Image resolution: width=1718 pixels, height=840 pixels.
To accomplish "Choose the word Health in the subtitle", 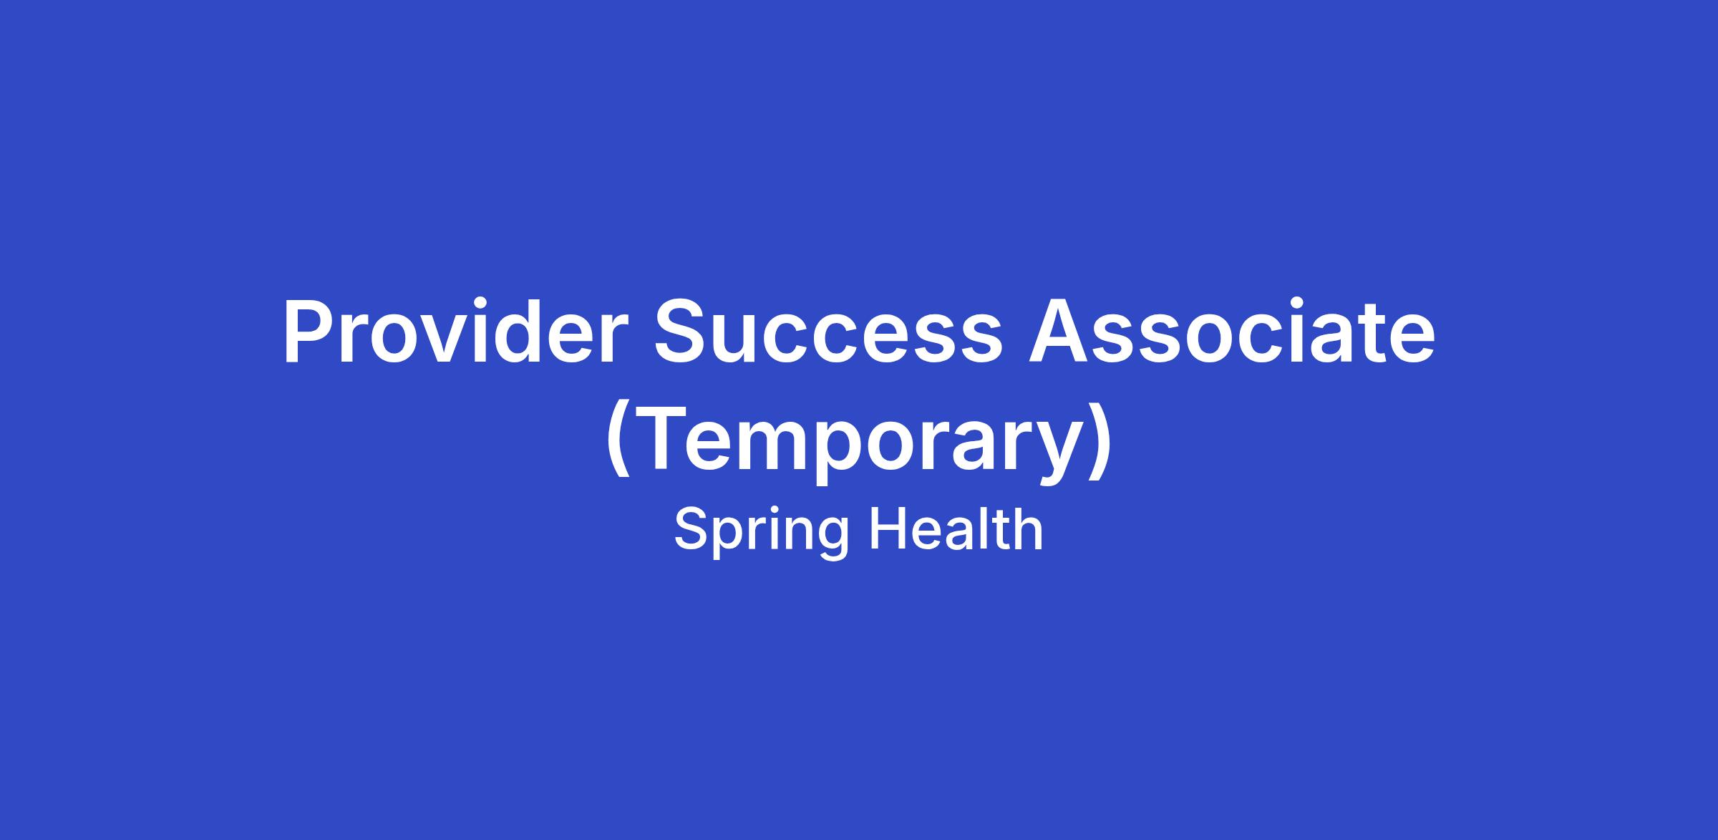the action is point(956,530).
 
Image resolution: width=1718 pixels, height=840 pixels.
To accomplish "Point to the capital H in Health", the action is point(888,530).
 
